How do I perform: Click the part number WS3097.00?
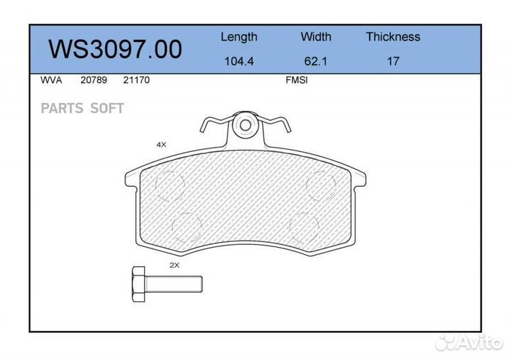click(115, 49)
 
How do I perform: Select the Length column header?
click(238, 37)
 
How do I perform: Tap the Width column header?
click(316, 37)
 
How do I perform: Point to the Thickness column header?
click(392, 37)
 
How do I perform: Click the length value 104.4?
click(239, 61)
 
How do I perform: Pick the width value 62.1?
click(316, 61)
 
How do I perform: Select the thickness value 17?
click(392, 61)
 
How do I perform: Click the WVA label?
click(50, 80)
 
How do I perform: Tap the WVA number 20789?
click(94, 80)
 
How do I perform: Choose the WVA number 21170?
click(136, 80)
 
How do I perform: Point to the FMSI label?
click(296, 80)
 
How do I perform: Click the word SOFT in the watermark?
click(106, 109)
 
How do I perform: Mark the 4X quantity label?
click(161, 144)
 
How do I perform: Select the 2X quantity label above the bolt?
click(174, 265)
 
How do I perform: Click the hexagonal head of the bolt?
click(138, 283)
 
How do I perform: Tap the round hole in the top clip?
click(245, 126)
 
